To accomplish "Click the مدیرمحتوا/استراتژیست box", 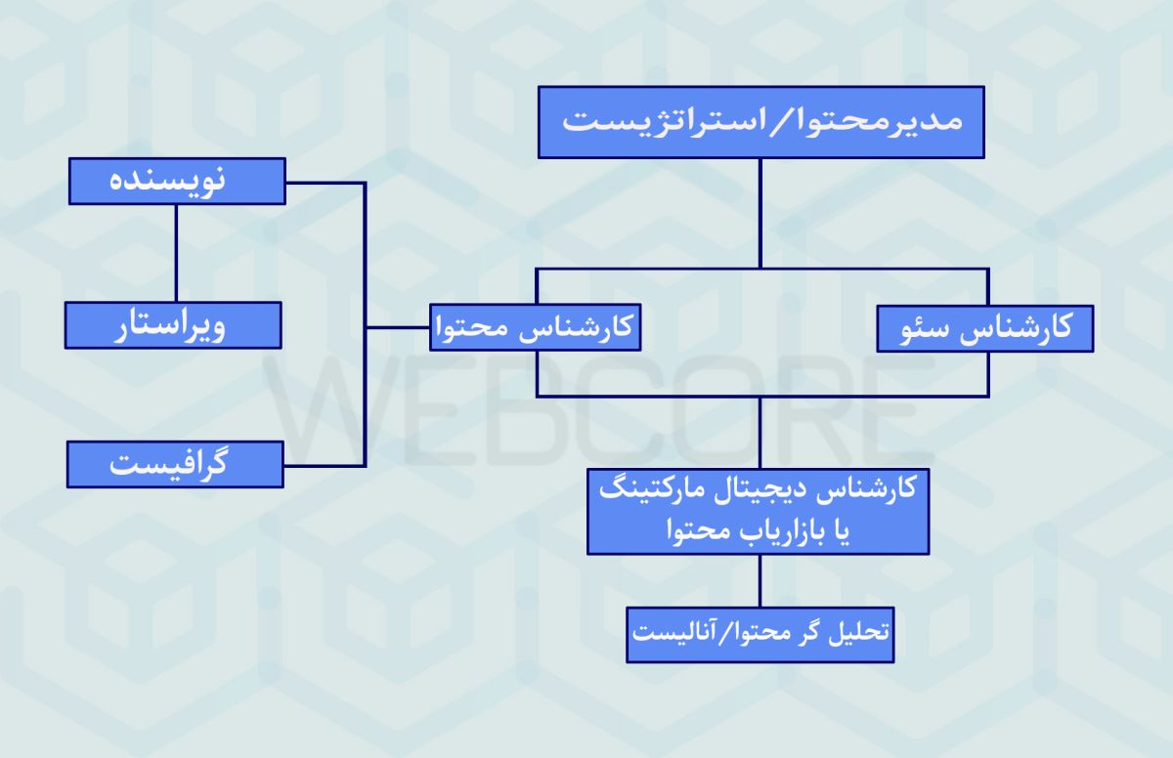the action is (x=760, y=122).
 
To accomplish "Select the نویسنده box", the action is (x=177, y=181).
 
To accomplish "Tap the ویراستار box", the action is (x=173, y=325).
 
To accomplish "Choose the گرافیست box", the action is (x=175, y=465).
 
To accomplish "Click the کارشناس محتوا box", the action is (x=536, y=327).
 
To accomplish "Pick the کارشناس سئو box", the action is (x=985, y=328).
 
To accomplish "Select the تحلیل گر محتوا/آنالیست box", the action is (x=760, y=635).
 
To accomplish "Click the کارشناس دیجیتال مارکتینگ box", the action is (x=759, y=512).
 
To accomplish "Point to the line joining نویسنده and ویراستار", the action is (x=176, y=253).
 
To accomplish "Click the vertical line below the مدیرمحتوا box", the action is (x=760, y=214).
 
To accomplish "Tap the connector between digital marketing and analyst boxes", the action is (x=760, y=580).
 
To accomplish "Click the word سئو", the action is (x=927, y=329).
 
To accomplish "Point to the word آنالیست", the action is (x=671, y=633).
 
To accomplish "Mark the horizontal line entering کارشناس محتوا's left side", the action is (x=398, y=327).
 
